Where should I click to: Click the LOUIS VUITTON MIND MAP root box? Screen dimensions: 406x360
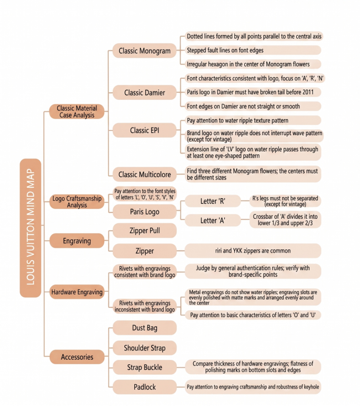point(31,228)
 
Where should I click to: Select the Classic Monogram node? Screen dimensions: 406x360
point(144,51)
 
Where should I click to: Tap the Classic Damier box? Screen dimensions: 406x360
point(144,93)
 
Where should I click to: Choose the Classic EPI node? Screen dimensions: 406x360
point(144,130)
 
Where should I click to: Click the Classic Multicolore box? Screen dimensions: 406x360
point(144,174)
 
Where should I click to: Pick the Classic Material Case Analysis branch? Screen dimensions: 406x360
point(77,111)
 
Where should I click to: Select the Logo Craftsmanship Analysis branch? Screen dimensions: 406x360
point(77,202)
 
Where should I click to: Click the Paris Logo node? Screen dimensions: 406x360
point(144,212)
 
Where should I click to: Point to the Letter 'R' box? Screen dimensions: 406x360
point(213,201)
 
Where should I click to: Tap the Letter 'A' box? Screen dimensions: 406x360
point(213,220)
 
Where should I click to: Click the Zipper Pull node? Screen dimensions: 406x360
point(144,231)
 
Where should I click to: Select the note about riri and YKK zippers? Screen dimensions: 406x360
point(253,251)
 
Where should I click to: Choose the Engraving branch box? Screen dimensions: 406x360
point(77,241)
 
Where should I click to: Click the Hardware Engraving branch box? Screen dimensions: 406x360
point(77,292)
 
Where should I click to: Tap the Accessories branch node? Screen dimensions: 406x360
point(77,357)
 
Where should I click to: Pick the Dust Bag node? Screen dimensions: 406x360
point(144,328)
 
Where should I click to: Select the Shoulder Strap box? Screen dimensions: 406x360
point(144,348)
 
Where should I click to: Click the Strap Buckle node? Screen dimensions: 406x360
point(144,368)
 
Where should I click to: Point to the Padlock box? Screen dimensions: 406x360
point(144,387)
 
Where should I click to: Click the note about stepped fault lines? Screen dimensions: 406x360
point(253,50)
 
